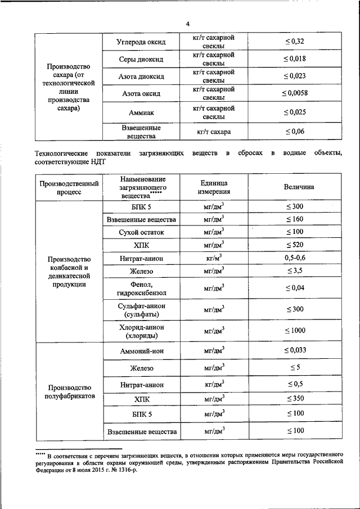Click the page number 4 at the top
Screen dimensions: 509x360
coord(188,23)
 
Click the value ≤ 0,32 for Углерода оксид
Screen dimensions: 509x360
coord(294,42)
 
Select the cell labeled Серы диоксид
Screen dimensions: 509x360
coord(141,59)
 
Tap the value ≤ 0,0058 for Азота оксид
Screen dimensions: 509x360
coord(294,93)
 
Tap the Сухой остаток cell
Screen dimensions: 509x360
coord(141,232)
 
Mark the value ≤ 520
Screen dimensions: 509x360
coord(294,245)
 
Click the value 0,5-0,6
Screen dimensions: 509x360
coord(294,258)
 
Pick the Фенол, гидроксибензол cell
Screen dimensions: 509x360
coord(141,287)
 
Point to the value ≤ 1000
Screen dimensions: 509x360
coord(294,330)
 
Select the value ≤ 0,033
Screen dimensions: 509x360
coord(294,350)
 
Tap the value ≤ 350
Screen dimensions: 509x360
coord(294,399)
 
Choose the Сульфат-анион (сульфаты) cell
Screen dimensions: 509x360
coord(141,309)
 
